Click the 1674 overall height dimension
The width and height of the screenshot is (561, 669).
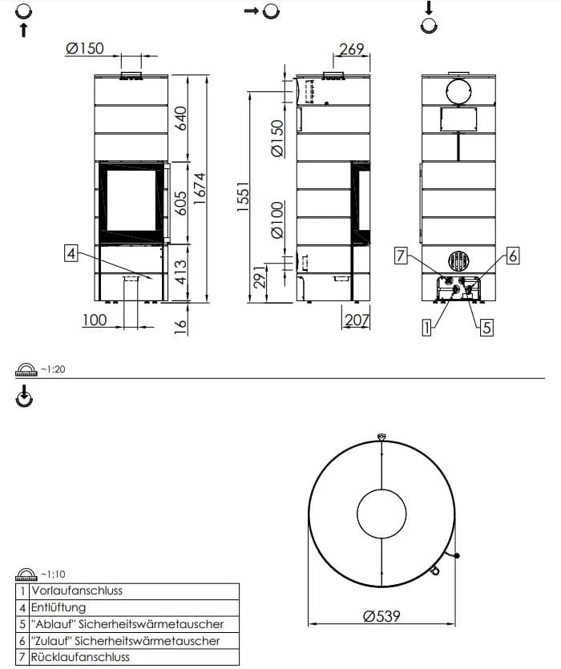click(200, 188)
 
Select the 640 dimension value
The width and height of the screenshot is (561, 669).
click(180, 119)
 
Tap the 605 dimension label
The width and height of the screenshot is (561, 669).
click(180, 203)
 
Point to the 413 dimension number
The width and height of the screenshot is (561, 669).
click(180, 272)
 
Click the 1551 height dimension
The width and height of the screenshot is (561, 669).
click(243, 196)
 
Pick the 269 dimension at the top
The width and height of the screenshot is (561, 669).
click(352, 50)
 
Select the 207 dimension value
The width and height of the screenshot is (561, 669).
click(357, 320)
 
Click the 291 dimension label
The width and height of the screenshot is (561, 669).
click(260, 277)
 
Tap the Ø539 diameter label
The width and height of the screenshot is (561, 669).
click(381, 616)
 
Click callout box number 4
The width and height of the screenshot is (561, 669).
click(71, 253)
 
